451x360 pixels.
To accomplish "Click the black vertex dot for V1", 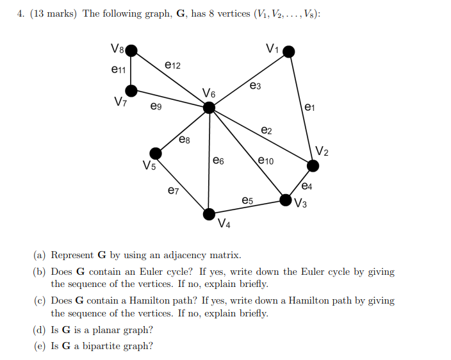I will tap(289, 51).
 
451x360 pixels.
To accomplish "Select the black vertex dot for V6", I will tap(209, 108).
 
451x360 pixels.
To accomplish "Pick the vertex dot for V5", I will tap(155, 153).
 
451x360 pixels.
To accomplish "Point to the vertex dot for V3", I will tap(286, 200).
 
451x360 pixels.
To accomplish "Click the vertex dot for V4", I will tap(209, 214).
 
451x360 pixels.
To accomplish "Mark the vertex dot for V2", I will tap(313, 166).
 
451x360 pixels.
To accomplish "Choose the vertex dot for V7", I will tap(131, 90).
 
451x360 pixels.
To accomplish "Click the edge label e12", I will tap(173, 65).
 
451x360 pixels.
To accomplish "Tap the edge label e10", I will tap(266, 161).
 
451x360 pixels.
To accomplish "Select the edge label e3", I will tap(255, 85).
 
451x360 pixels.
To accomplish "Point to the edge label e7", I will tap(173, 190).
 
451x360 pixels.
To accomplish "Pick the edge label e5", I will tap(247, 200).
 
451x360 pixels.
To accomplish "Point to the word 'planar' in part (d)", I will tap(111, 330).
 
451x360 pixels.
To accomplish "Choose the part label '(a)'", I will tap(40, 255).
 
